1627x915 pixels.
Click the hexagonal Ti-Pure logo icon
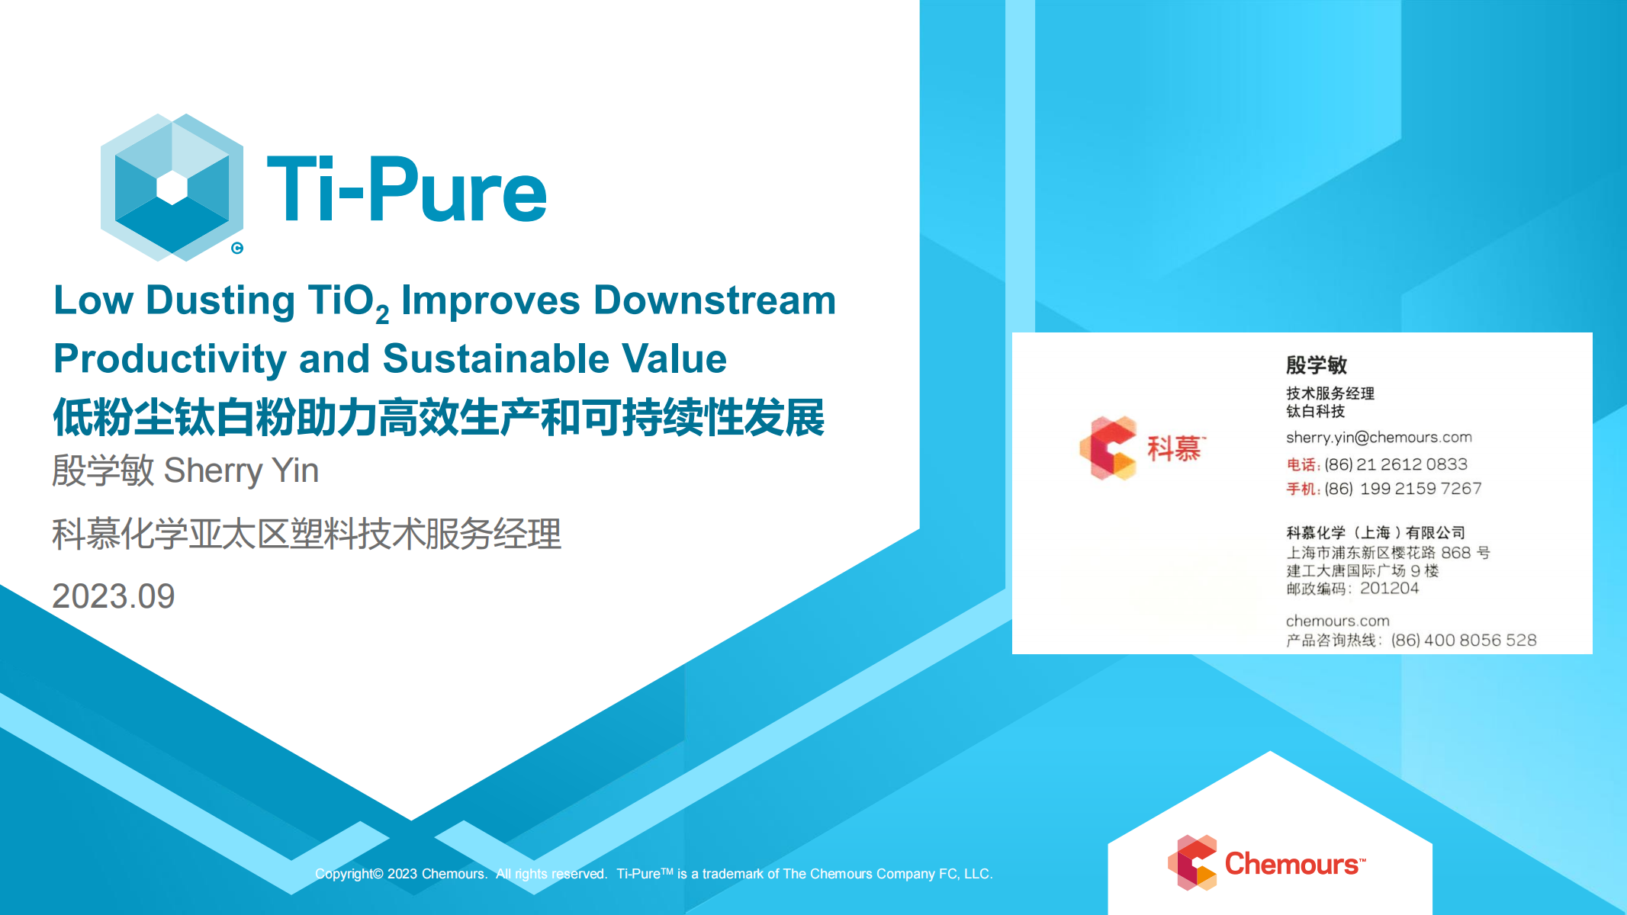[x=172, y=188]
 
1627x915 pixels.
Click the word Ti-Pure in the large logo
[x=407, y=190]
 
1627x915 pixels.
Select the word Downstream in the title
[x=715, y=300]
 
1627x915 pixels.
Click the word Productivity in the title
[x=170, y=359]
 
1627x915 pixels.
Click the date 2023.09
[x=114, y=596]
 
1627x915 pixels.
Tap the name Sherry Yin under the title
[x=241, y=471]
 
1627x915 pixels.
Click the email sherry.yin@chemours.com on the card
[x=1379, y=438]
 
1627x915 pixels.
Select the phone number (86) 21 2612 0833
[x=1396, y=464]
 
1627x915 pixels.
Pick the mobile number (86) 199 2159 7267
[x=1403, y=489]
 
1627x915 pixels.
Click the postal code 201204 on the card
[x=1389, y=588]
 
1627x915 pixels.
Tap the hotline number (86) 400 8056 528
[x=1464, y=640]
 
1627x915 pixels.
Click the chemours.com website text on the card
[x=1338, y=621]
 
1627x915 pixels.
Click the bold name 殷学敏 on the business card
[x=1317, y=364]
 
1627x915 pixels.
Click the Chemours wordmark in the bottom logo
[x=1294, y=864]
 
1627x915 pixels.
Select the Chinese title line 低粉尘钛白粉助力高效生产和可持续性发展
[x=439, y=418]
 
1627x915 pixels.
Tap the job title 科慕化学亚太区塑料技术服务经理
[x=307, y=534]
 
